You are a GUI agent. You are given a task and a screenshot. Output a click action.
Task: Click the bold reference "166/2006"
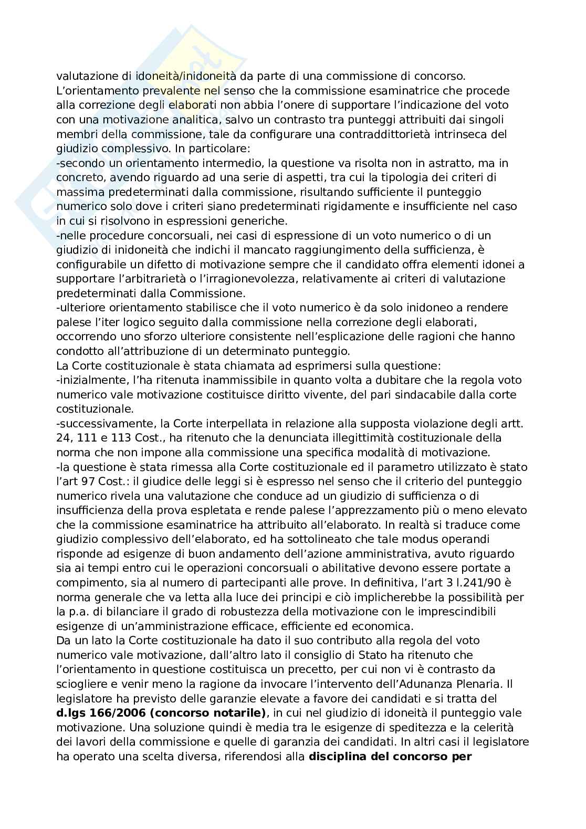pyautogui.click(x=107, y=712)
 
